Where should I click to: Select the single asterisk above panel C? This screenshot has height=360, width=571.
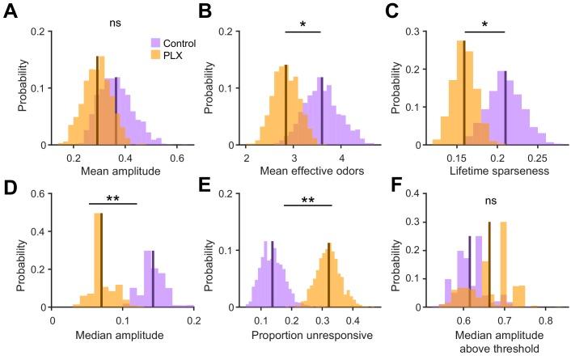point(484,24)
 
